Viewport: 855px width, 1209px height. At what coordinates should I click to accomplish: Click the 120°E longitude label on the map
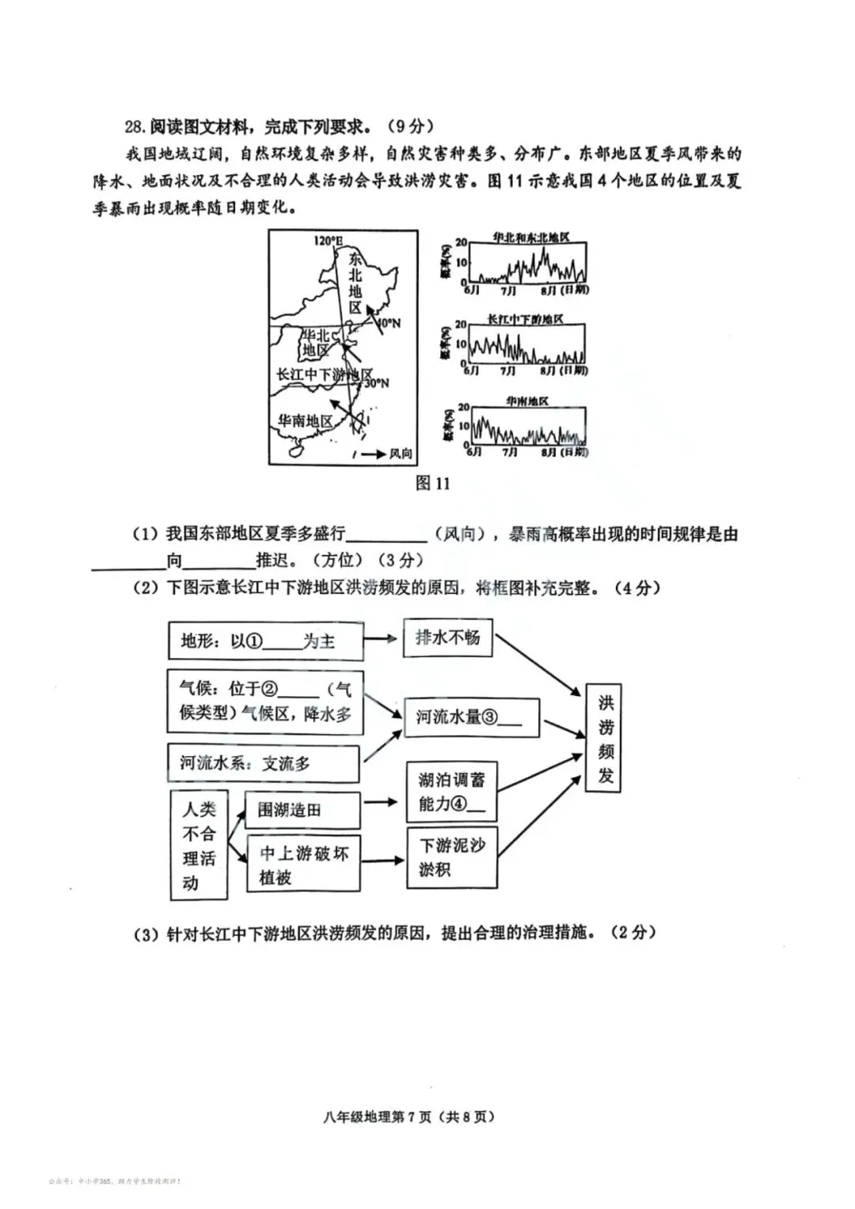click(x=328, y=241)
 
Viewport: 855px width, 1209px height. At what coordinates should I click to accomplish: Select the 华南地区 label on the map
click(x=306, y=421)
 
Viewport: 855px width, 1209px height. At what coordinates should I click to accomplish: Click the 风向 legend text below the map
click(x=401, y=454)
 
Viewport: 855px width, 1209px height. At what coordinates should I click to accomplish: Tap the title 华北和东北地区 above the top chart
click(x=530, y=238)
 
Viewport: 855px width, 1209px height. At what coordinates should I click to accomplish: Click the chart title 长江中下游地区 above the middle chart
click(x=525, y=319)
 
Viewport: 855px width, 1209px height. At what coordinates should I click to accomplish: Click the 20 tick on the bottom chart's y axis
click(x=463, y=408)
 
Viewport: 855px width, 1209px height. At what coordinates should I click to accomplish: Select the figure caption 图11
click(x=432, y=483)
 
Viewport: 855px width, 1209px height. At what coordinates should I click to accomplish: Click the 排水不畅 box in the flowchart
click(x=448, y=637)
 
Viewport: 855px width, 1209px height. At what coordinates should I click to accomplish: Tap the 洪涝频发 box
click(x=605, y=739)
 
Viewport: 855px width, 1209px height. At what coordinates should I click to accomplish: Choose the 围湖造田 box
click(x=302, y=810)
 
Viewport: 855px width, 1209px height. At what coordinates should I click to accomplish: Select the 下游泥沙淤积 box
click(x=452, y=857)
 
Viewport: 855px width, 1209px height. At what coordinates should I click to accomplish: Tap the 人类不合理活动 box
click(x=199, y=846)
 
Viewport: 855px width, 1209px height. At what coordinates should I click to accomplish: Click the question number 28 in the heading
click(x=134, y=127)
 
